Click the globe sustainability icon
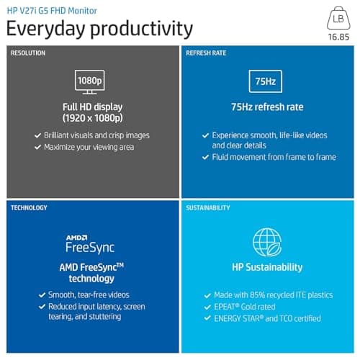coord(267,243)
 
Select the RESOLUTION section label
coord(28,53)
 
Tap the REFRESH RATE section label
coord(207,53)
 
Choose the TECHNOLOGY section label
coord(29,208)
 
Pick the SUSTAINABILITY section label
coord(208,208)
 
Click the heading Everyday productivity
coord(99,29)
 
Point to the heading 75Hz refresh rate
coord(267,107)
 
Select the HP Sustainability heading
coord(267,267)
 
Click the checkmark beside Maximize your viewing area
coord(37,148)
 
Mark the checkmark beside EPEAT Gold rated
coord(207,307)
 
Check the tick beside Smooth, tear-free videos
coord(41,295)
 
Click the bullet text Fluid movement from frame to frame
coord(274,157)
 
